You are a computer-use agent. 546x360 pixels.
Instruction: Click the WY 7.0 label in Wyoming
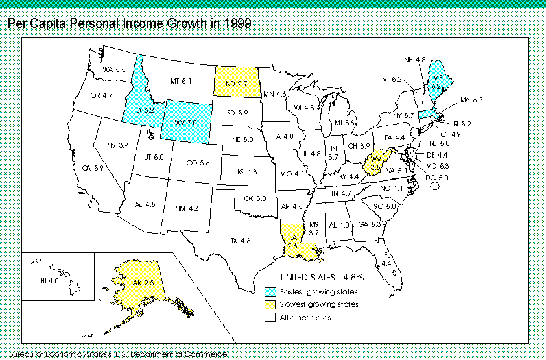point(189,121)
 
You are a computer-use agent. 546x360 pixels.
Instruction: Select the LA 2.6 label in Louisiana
point(292,242)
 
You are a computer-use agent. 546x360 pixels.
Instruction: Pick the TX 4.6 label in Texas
point(240,241)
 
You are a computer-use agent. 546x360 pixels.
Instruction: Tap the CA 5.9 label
point(93,168)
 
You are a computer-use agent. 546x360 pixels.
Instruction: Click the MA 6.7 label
point(473,100)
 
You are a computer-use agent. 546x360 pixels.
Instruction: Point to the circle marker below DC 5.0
point(435,185)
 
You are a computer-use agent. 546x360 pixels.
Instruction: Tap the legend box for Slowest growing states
point(269,304)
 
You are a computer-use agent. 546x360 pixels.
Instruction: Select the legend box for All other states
point(269,317)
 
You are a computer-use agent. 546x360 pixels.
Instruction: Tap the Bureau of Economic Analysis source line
point(123,354)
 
